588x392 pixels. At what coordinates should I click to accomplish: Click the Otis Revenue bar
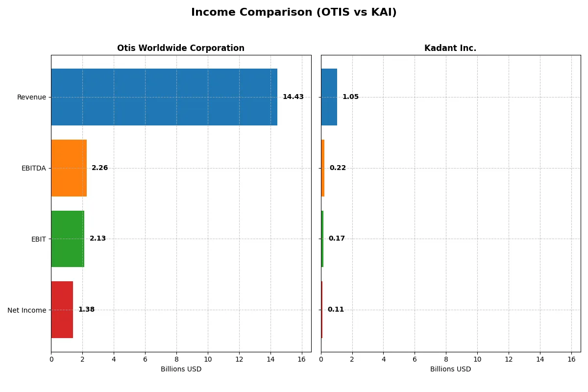(x=164, y=97)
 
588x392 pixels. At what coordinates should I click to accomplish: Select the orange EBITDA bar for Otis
(x=69, y=168)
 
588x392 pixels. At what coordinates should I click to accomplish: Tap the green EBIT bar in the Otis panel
(x=68, y=239)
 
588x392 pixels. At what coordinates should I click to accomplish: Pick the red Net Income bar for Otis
(x=62, y=310)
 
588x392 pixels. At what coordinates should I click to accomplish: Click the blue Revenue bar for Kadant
(x=329, y=97)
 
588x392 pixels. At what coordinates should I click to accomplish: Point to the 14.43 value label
(x=293, y=97)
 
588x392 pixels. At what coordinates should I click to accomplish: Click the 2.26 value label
(x=100, y=168)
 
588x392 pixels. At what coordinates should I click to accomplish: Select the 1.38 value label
(x=86, y=310)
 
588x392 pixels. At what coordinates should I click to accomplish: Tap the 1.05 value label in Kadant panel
(x=350, y=97)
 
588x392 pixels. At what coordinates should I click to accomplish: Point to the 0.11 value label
(x=336, y=310)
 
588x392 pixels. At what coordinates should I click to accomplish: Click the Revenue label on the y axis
(x=31, y=97)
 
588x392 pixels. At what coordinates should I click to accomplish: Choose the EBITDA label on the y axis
(x=33, y=168)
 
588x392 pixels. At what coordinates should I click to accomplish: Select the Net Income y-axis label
(x=26, y=310)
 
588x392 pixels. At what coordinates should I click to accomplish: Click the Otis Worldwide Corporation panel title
(x=181, y=48)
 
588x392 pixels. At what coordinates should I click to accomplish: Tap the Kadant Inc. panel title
(x=450, y=48)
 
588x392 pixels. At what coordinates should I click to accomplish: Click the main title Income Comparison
(x=294, y=13)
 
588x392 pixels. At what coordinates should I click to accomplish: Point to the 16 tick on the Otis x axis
(x=301, y=359)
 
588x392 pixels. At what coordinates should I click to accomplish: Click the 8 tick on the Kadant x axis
(x=446, y=359)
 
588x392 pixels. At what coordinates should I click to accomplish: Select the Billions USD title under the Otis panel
(x=181, y=369)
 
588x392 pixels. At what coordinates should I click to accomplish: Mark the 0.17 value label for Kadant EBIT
(x=337, y=239)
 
